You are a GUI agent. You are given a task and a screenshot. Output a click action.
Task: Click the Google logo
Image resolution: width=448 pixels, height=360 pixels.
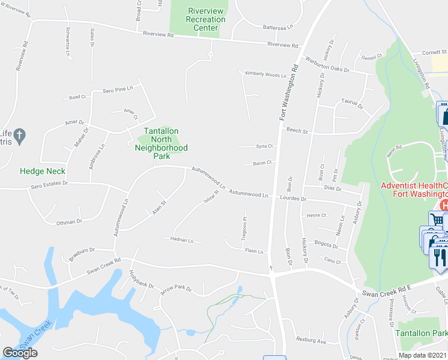[20, 352]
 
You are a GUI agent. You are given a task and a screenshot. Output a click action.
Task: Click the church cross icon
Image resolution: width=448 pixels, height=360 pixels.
[20, 134]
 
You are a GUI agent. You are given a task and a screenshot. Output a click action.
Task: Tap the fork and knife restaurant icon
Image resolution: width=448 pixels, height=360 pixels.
[438, 257]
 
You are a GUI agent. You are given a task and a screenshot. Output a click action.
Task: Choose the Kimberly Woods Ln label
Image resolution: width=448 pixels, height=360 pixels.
[265, 75]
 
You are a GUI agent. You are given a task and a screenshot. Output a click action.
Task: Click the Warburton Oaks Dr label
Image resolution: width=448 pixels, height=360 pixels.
[326, 64]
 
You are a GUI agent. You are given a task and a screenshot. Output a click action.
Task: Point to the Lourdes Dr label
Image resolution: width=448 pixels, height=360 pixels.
[295, 199]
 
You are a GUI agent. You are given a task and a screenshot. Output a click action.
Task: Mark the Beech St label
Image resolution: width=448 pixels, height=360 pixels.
[296, 130]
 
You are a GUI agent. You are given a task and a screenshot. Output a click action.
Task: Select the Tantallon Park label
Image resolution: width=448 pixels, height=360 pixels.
[422, 333]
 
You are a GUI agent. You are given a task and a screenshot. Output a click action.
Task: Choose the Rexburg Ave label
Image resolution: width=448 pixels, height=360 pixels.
[311, 341]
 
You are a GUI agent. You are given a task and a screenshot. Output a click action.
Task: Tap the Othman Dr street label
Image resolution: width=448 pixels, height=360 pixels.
[68, 222]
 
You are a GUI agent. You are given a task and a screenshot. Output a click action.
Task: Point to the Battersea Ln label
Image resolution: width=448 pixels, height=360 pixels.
[279, 27]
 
